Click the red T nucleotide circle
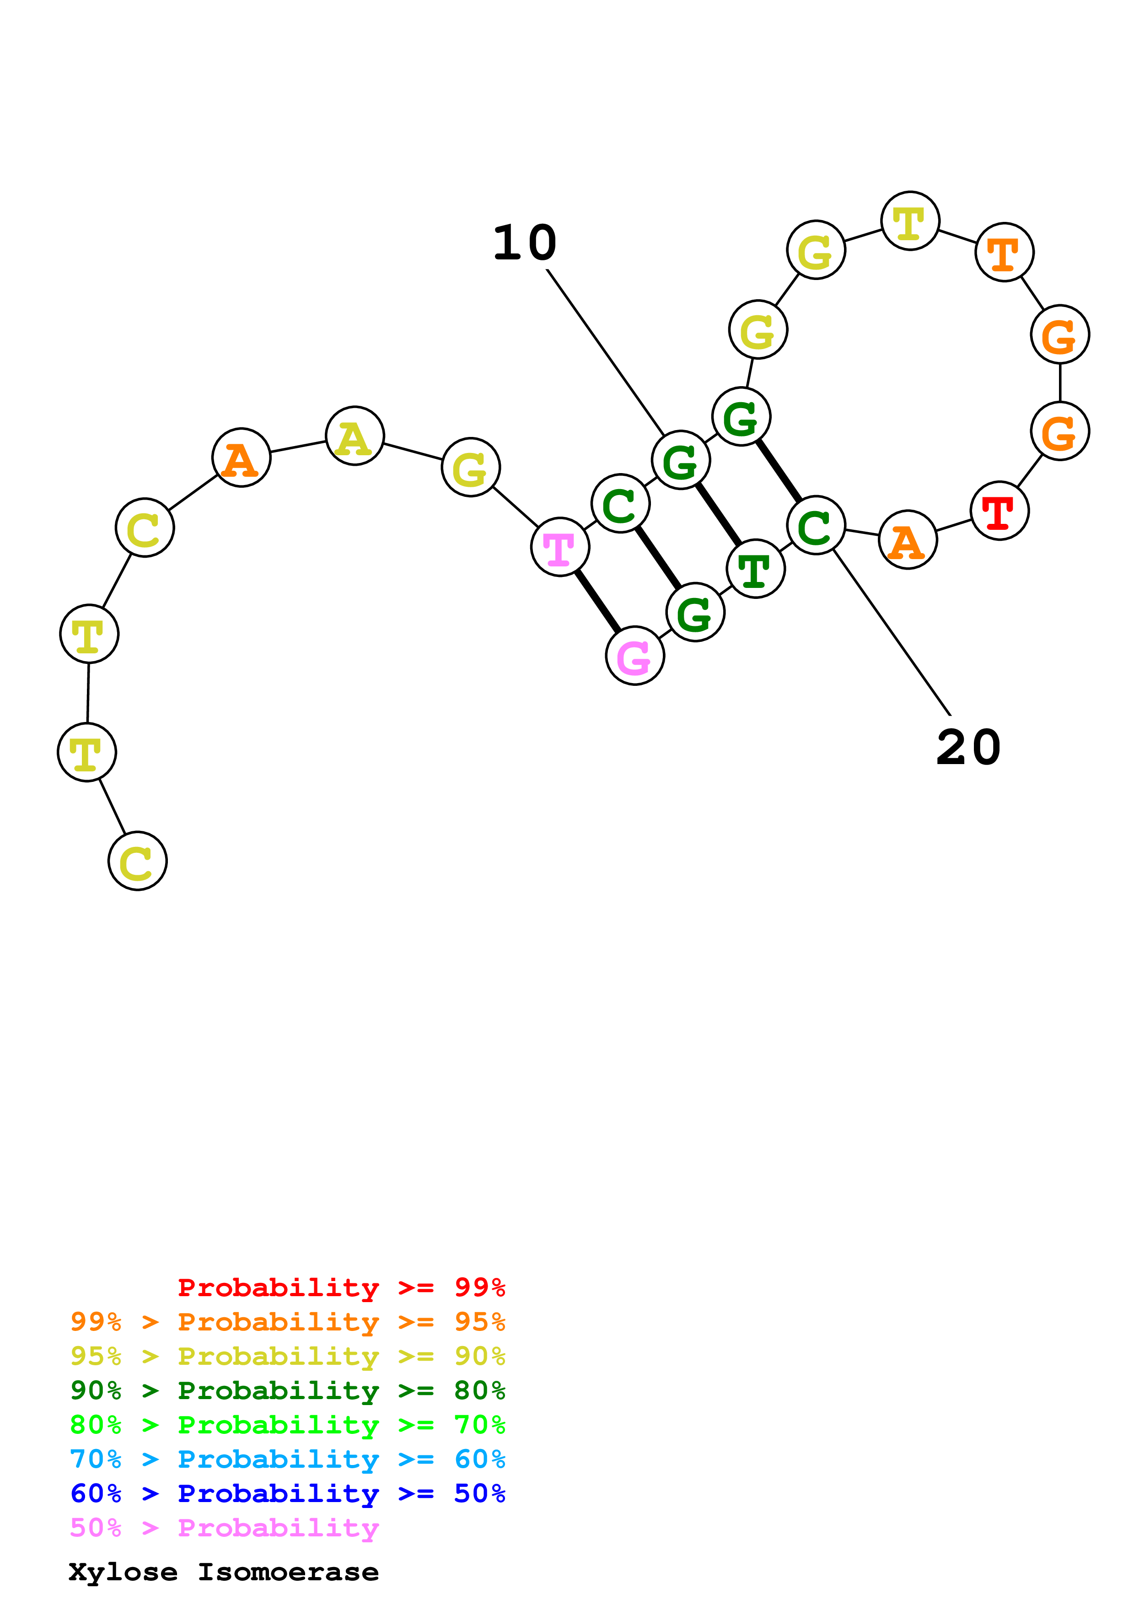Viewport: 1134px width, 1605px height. [x=999, y=511]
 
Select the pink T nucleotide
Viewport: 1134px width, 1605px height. [x=559, y=547]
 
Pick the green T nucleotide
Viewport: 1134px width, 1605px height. [x=755, y=569]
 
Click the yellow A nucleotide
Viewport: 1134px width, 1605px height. [x=355, y=436]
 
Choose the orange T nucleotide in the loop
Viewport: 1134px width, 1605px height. [x=1004, y=253]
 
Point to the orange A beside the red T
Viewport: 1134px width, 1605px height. [x=907, y=540]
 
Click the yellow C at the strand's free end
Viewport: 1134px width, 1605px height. [x=138, y=861]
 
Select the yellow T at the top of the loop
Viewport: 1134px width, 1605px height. [x=910, y=221]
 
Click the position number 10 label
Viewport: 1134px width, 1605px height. [x=525, y=243]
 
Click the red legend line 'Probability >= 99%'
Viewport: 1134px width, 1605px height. [x=341, y=1287]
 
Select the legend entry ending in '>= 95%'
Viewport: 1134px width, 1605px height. [x=288, y=1322]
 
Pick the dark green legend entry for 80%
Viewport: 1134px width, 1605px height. [x=288, y=1390]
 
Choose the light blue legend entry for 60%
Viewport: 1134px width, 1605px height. [x=288, y=1459]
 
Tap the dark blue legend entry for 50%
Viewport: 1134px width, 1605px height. [x=288, y=1493]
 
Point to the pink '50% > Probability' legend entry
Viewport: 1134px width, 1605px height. [x=224, y=1527]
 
